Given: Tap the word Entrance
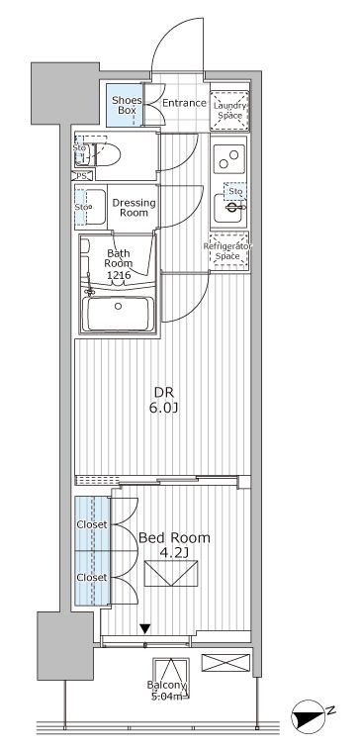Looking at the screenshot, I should pos(183,103).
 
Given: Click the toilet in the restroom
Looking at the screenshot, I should pos(102,153).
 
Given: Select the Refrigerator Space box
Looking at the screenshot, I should pos(228,251).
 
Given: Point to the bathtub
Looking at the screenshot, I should pos(118,314).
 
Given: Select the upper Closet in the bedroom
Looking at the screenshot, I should pos(92,524).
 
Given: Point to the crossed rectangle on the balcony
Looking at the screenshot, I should pos(220,663).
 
